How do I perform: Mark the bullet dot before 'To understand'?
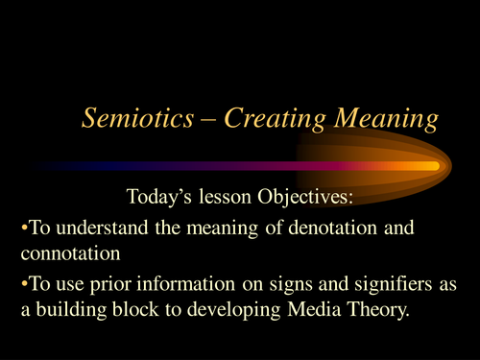coord(23,228)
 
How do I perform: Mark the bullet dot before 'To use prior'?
coord(23,284)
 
